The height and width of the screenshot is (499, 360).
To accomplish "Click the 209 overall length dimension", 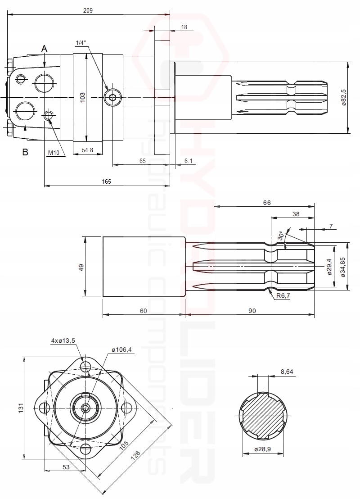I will [x=88, y=10].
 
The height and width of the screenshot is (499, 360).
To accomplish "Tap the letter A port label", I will [x=44, y=48].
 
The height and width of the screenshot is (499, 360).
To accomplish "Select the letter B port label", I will [x=25, y=152].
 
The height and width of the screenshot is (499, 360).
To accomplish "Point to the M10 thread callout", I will [x=54, y=153].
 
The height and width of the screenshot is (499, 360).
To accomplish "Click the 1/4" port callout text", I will [x=81, y=43].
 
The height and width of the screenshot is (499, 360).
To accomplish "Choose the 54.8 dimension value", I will [x=88, y=150].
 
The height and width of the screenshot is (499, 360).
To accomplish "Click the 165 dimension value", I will [x=106, y=181].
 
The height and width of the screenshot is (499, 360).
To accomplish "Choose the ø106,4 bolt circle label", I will [x=121, y=350].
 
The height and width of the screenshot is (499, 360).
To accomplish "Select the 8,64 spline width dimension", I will [x=287, y=372].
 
